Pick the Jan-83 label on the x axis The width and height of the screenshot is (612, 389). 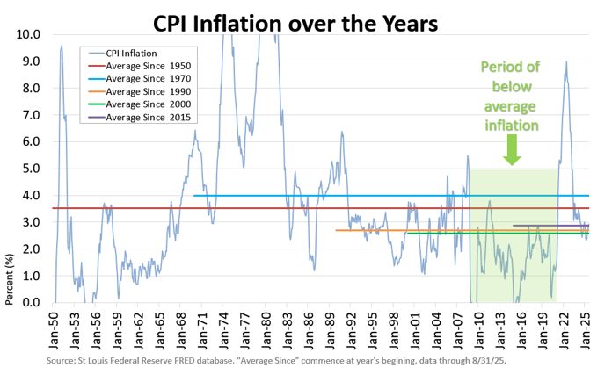(x=290, y=329)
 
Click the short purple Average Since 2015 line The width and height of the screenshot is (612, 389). (x=550, y=226)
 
